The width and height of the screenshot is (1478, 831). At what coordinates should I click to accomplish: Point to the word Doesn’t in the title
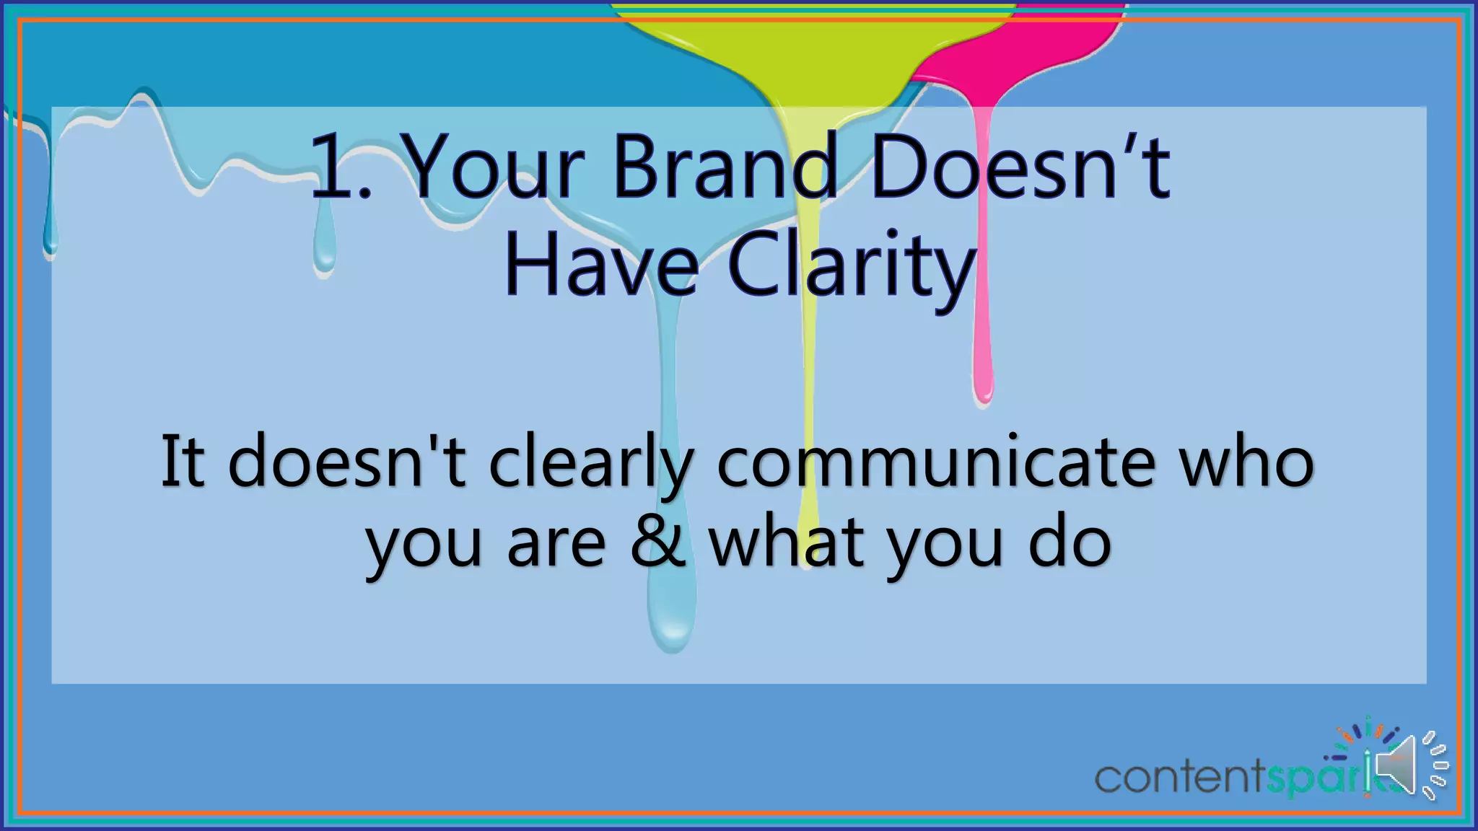(x=1020, y=167)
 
